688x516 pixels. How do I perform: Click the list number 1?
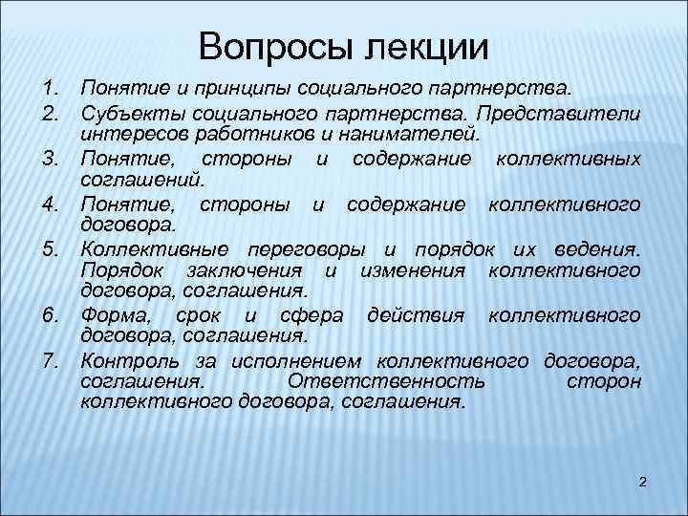tap(52, 89)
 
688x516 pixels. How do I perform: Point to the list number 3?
tap(52, 158)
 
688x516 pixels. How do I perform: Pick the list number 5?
tap(52, 249)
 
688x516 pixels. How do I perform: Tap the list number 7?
tap(52, 360)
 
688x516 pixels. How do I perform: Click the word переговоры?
tap(307, 249)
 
